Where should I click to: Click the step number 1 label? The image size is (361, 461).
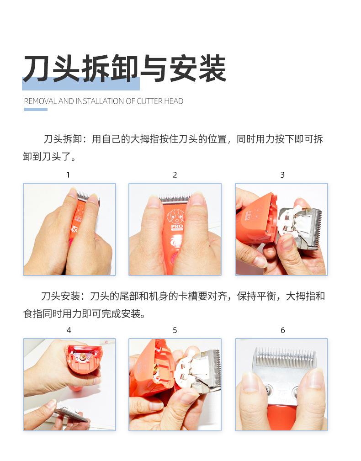coord(68,175)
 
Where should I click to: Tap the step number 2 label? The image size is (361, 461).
coord(175,175)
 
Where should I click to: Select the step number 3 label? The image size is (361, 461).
coord(282,175)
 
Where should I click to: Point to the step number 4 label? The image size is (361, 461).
coord(69,330)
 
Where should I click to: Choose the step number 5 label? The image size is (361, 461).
coord(175,330)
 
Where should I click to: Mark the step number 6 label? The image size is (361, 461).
coord(282,330)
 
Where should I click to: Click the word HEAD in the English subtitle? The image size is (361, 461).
coord(174,101)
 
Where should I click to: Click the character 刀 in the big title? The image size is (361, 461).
coord(37,68)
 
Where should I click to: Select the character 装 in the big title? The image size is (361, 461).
coord(212,68)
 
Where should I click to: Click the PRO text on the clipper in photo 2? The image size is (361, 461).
coord(177,226)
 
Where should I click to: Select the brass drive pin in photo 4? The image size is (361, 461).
coord(83,357)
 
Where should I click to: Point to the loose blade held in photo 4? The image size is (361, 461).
coord(71,414)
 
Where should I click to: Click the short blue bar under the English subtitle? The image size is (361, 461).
coord(36,109)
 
